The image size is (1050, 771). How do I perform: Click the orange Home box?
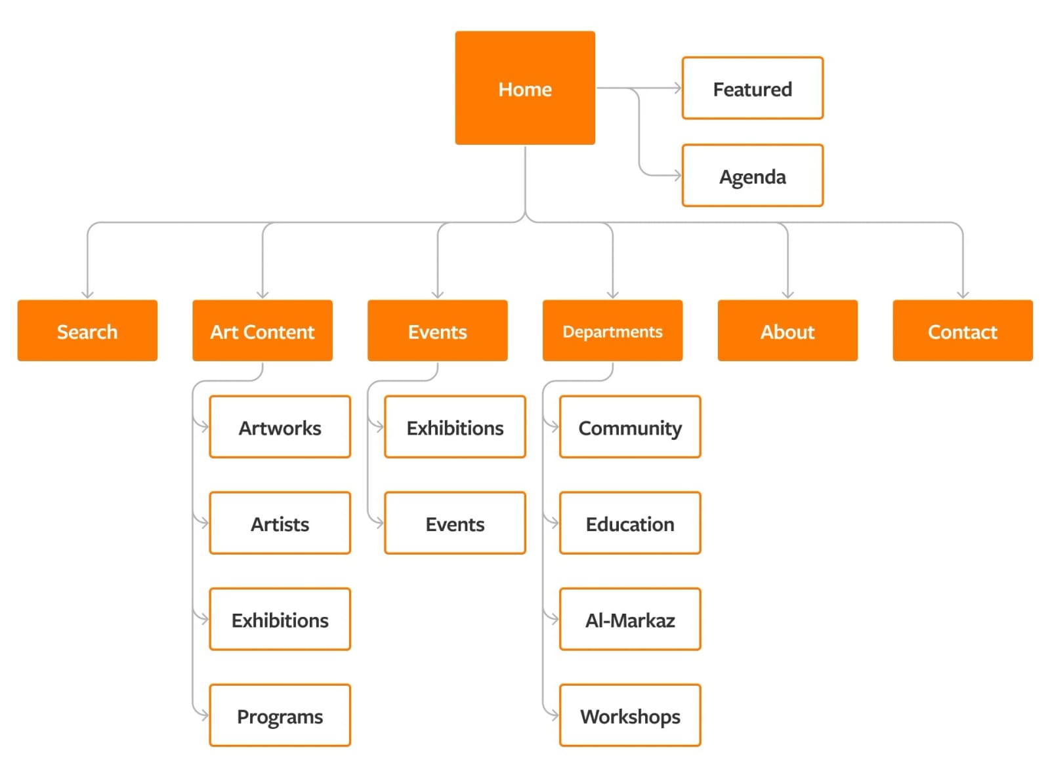(x=525, y=88)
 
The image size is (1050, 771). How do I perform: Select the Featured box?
(x=752, y=88)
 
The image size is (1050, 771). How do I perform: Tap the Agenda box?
(x=752, y=176)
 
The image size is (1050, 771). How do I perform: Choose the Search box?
(x=87, y=330)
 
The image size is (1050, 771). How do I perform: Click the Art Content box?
(x=262, y=330)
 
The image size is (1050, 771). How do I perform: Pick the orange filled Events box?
(x=437, y=330)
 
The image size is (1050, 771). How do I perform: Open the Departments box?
(x=612, y=330)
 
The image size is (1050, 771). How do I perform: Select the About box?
(x=787, y=330)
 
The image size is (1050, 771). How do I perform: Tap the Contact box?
(x=962, y=330)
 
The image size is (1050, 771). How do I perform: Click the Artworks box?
(x=280, y=427)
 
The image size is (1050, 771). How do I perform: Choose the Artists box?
(x=280, y=523)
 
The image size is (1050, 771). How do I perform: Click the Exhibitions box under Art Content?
(x=280, y=619)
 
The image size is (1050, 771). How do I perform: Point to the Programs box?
(x=280, y=715)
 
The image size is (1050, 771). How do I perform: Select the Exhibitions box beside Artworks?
(x=455, y=427)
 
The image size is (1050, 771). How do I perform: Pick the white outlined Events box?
(x=455, y=523)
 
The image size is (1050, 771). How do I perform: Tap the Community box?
(x=630, y=427)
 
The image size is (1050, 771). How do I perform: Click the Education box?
(x=630, y=523)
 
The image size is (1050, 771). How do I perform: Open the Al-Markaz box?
(x=630, y=619)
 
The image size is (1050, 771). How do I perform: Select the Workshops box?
(x=630, y=715)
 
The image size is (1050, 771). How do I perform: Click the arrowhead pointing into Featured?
(x=678, y=88)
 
